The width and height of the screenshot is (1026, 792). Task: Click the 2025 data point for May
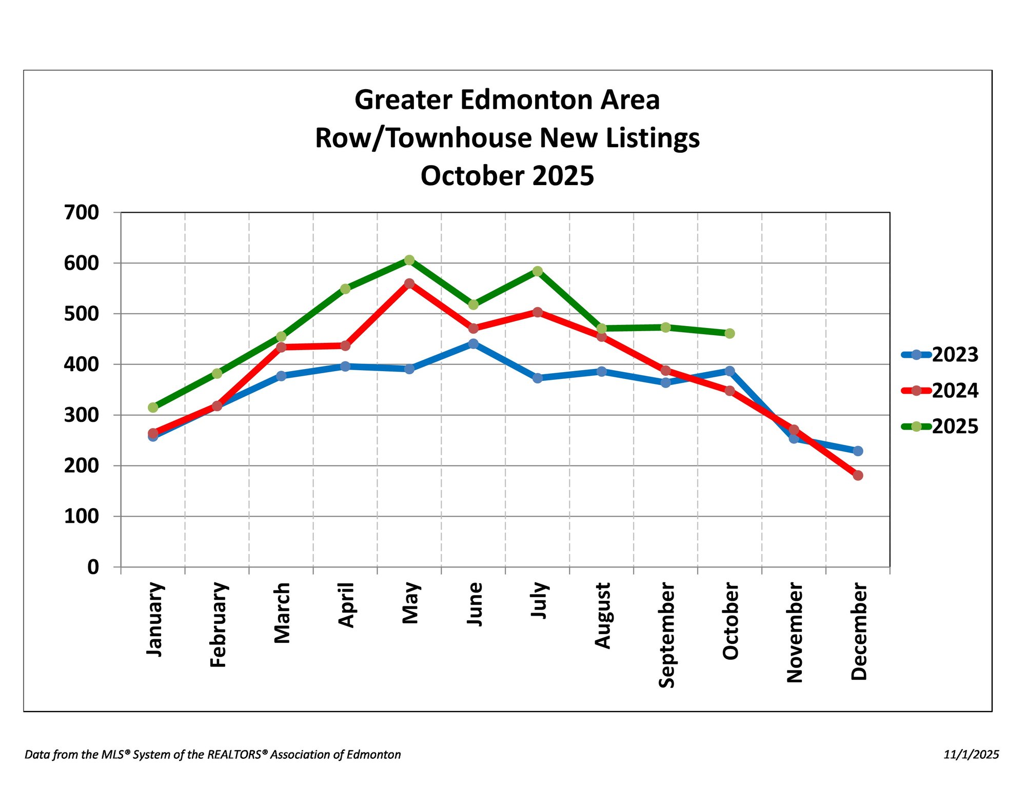(x=409, y=260)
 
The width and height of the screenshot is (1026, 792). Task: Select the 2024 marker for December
(x=858, y=475)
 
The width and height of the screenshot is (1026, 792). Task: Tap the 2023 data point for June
(x=473, y=343)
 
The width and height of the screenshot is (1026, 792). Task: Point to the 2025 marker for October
(x=729, y=333)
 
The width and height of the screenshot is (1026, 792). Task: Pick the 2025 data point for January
(x=153, y=407)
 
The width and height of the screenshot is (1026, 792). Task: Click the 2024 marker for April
(x=345, y=346)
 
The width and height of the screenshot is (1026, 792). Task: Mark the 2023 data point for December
(x=858, y=451)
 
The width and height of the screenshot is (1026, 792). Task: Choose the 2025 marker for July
(x=537, y=271)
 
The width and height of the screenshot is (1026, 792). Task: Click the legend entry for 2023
(x=955, y=354)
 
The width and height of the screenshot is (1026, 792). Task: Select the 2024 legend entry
(x=955, y=391)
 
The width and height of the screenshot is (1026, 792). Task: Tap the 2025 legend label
(x=955, y=426)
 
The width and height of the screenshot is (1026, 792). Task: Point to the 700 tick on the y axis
(x=82, y=212)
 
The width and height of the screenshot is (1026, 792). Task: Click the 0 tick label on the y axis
(x=93, y=566)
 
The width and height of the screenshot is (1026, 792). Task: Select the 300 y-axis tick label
(x=82, y=415)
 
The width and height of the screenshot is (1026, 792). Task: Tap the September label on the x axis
(x=666, y=635)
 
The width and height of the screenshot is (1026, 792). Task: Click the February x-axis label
(x=218, y=624)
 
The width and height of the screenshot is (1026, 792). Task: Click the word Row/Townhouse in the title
(x=424, y=138)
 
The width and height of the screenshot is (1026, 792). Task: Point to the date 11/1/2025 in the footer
(x=971, y=754)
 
